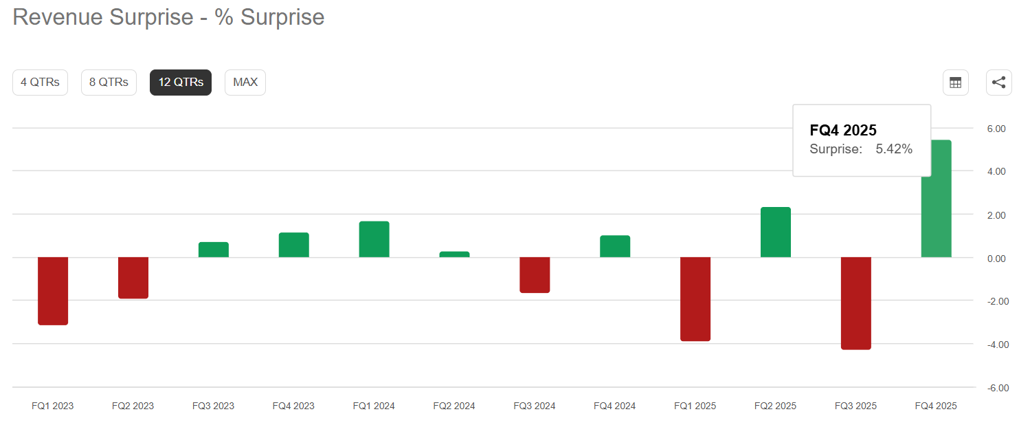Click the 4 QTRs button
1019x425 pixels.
click(x=40, y=83)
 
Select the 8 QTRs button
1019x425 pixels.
click(x=109, y=83)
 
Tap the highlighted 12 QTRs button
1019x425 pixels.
click(x=181, y=83)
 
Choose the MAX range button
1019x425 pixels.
click(x=245, y=83)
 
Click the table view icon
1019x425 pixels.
click(x=955, y=83)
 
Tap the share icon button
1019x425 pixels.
click(x=998, y=83)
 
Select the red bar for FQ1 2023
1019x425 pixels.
click(x=53, y=291)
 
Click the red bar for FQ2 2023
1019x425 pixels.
click(x=133, y=278)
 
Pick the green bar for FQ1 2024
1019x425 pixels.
click(x=374, y=239)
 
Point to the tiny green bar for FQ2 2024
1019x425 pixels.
click(x=454, y=254)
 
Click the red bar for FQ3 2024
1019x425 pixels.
click(x=535, y=275)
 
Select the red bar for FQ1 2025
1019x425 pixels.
click(x=695, y=299)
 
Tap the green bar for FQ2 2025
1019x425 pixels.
click(x=776, y=232)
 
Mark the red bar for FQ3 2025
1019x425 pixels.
click(x=856, y=303)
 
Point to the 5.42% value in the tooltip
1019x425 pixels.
click(x=894, y=149)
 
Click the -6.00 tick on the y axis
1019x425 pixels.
click(x=998, y=388)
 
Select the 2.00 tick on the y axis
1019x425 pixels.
click(x=996, y=215)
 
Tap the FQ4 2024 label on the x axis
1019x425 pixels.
click(x=614, y=406)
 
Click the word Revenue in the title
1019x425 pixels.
click(x=57, y=17)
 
